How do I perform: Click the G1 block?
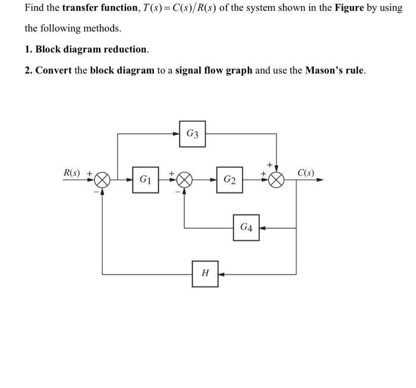(x=145, y=179)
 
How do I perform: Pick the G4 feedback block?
(x=246, y=228)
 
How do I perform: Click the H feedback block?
(x=205, y=274)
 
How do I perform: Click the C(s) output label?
(x=306, y=173)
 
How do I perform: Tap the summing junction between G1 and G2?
(x=184, y=179)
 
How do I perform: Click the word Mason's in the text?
(x=326, y=70)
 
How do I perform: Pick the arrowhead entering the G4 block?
(x=263, y=228)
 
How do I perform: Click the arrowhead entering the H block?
(x=222, y=275)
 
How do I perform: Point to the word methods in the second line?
(x=103, y=29)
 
